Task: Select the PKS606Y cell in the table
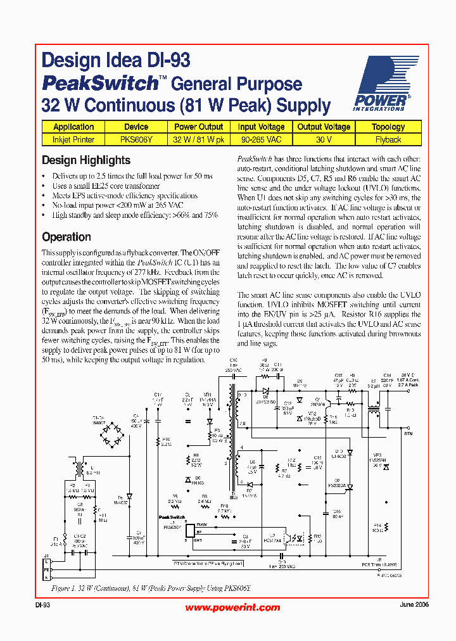136,139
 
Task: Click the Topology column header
388,127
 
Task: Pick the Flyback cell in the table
388,139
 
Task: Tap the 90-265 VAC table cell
261,139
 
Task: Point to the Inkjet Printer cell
73,139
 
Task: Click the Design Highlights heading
86,160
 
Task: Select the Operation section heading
66,237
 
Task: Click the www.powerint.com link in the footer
232,607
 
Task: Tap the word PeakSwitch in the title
99,84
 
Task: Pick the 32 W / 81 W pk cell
198,139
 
